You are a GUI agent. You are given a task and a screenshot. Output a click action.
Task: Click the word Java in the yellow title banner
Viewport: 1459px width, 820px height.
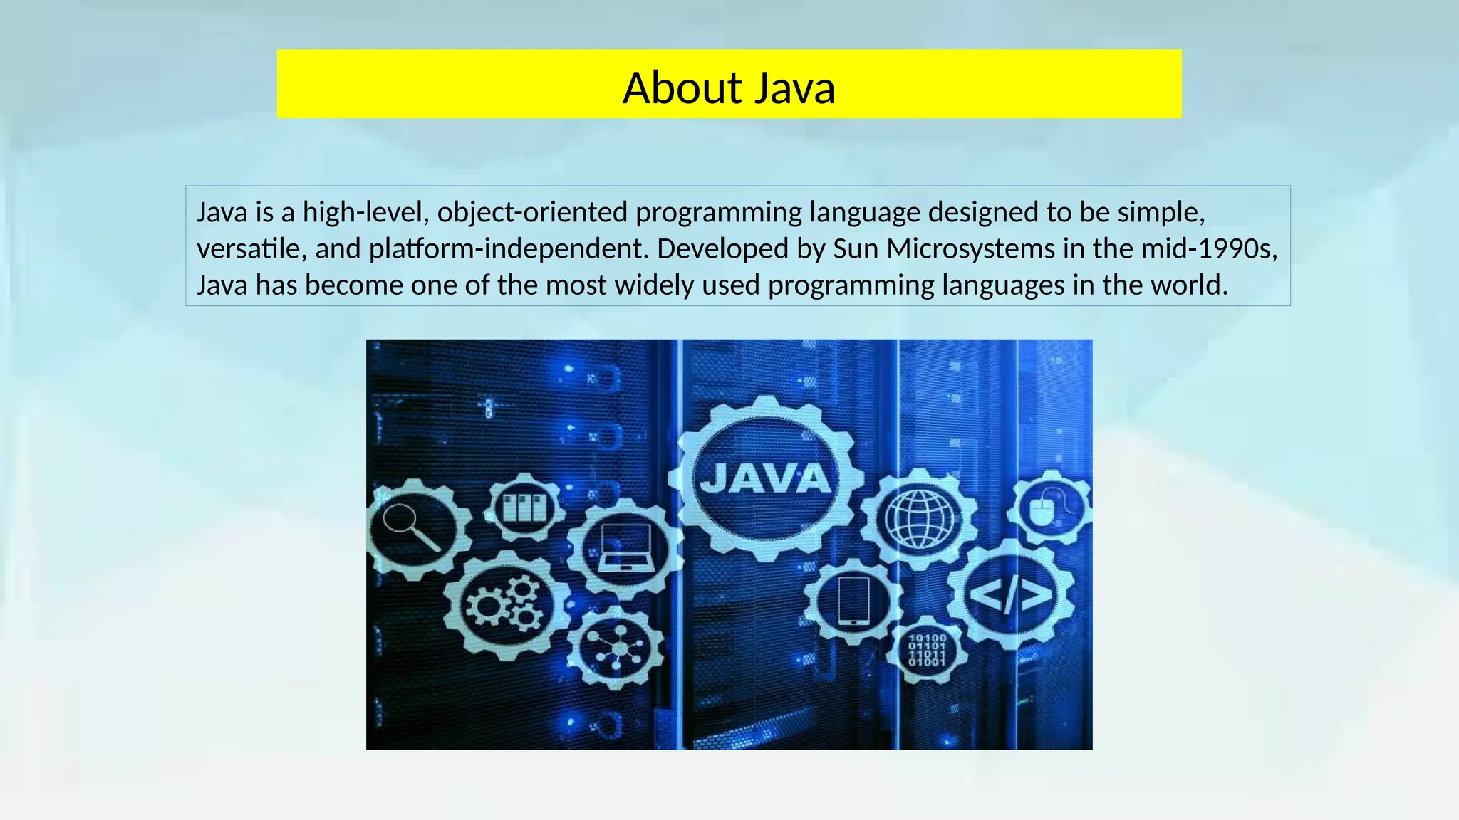point(794,88)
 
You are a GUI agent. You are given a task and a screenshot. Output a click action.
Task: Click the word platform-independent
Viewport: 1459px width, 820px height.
point(508,248)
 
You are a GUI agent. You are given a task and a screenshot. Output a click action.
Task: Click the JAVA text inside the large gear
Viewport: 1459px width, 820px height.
point(765,478)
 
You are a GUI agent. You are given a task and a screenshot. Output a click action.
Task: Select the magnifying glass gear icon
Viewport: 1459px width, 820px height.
point(413,530)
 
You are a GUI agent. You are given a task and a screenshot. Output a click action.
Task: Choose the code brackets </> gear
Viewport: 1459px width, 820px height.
point(1011,594)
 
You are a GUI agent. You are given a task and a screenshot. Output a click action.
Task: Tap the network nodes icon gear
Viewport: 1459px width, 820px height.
point(617,648)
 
